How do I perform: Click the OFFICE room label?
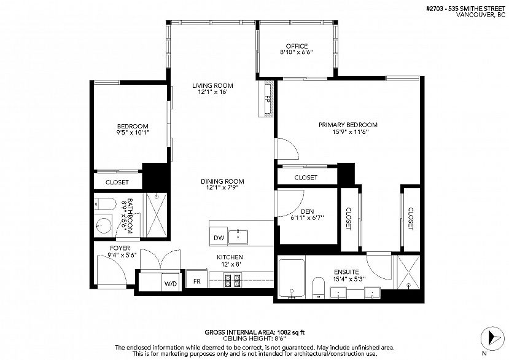(x=297, y=46)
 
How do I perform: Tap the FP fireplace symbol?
(x=267, y=99)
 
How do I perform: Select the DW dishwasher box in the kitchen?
(x=219, y=238)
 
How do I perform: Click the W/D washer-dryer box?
(x=171, y=284)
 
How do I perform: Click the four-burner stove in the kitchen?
(x=233, y=281)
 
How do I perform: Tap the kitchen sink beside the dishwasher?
(x=238, y=237)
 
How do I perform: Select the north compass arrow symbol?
(x=492, y=338)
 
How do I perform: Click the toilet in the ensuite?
(x=319, y=288)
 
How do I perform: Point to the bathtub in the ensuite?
(x=292, y=279)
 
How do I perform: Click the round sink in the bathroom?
(x=104, y=225)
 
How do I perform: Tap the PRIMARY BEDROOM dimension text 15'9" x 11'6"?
(x=350, y=132)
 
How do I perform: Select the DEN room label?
(x=307, y=211)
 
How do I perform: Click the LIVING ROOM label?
(x=212, y=86)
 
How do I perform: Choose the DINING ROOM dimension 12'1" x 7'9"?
(x=222, y=187)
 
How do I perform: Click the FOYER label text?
(x=120, y=248)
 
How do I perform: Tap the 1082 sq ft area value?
(x=290, y=332)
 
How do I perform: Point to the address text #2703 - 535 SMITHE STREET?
(x=466, y=9)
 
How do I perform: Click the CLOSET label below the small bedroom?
(x=117, y=182)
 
